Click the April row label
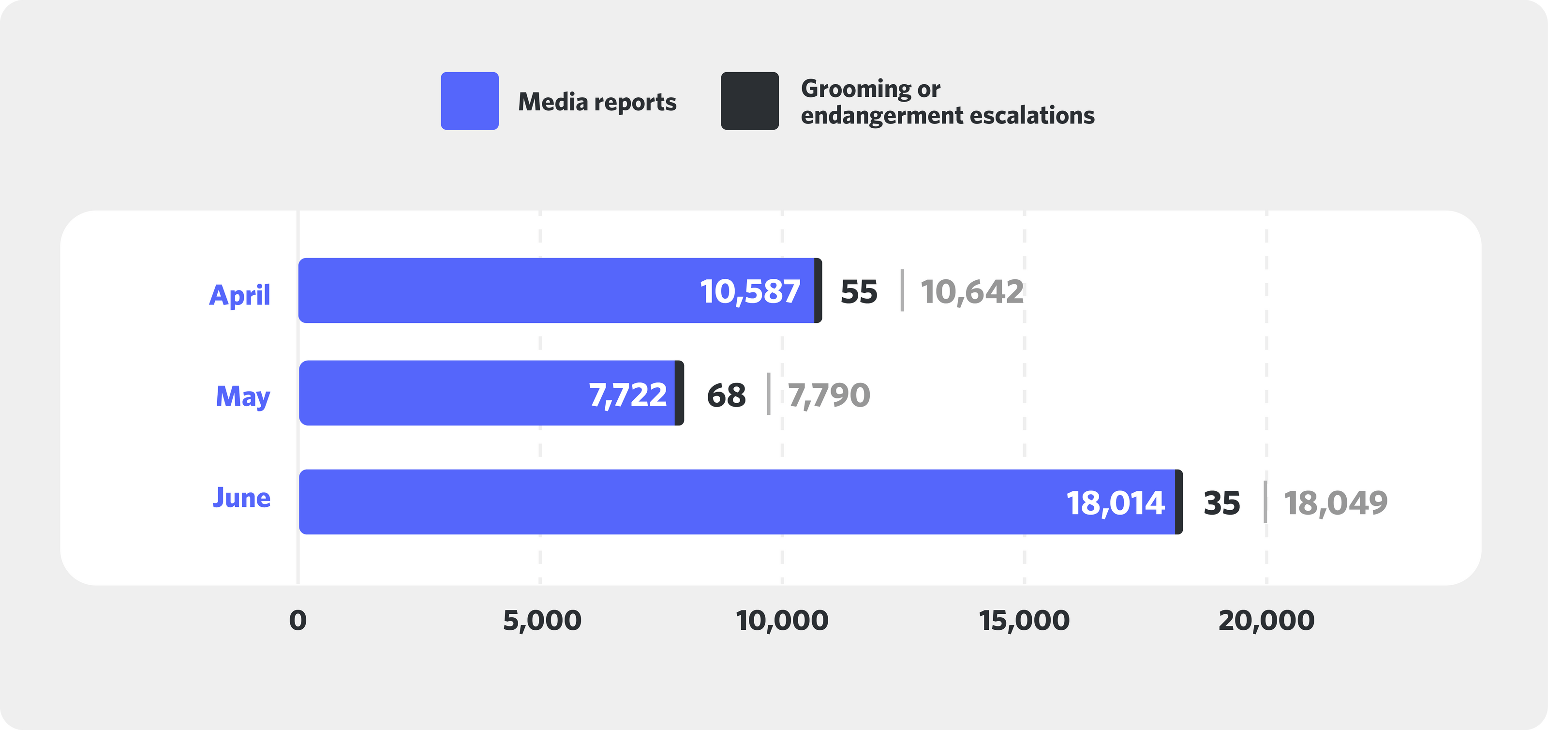[x=240, y=295]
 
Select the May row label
[x=243, y=397]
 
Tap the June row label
[x=241, y=498]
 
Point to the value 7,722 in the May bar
[x=627, y=395]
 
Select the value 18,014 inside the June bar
[x=1116, y=502]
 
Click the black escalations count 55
[x=859, y=292]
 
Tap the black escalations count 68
[x=726, y=395]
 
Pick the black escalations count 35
[x=1221, y=502]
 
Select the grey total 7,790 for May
[x=829, y=395]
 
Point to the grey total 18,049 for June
[x=1335, y=502]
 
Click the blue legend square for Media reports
[x=469, y=101]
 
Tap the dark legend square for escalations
[x=749, y=101]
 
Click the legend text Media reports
[x=597, y=102]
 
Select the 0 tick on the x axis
[x=298, y=621]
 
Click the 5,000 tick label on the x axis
[x=541, y=621]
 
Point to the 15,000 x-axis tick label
[x=1024, y=621]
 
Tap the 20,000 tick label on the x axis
[x=1266, y=621]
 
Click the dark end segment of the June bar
[x=1179, y=502]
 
